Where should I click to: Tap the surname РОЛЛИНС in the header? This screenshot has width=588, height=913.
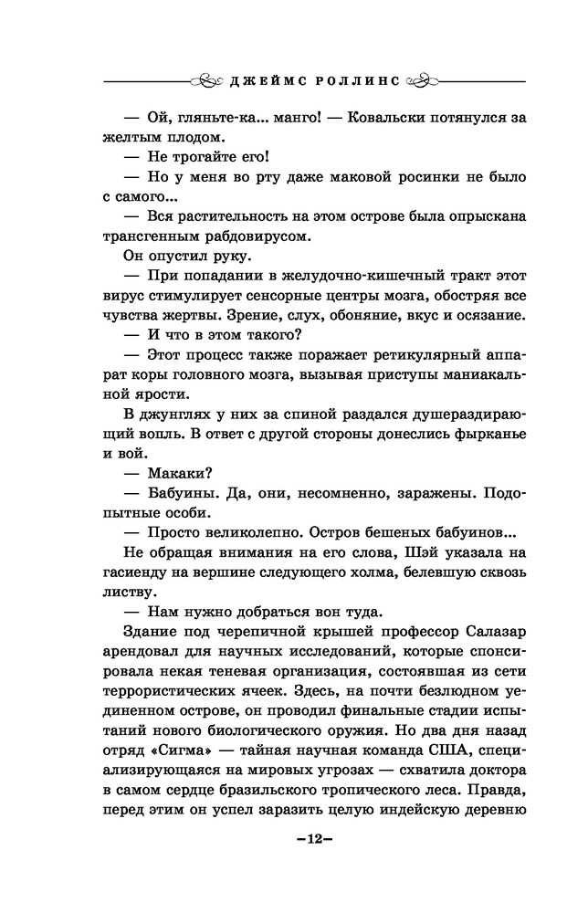pyautogui.click(x=351, y=79)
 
